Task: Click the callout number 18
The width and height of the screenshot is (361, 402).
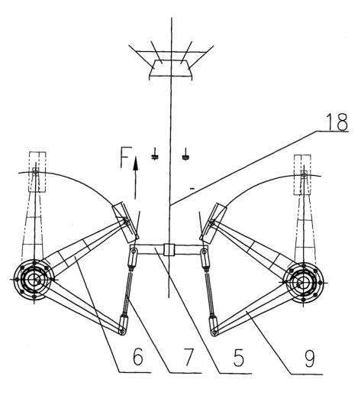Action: tap(337, 122)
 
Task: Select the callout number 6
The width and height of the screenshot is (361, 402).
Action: tap(138, 357)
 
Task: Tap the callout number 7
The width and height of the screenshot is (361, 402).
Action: tap(189, 357)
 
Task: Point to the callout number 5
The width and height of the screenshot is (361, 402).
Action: tap(238, 357)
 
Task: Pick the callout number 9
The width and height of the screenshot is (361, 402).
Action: tap(309, 358)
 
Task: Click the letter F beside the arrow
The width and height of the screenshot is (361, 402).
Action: tap(126, 157)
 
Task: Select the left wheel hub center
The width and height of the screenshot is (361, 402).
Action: tap(34, 280)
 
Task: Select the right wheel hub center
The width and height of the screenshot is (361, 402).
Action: tap(303, 282)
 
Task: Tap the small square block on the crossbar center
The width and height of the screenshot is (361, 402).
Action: tap(169, 250)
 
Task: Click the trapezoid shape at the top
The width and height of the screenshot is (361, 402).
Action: tap(170, 69)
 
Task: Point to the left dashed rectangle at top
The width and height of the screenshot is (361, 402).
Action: tap(37, 171)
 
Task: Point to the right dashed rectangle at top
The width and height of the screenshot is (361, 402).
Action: tap(302, 174)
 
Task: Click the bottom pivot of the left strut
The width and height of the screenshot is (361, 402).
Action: tap(122, 332)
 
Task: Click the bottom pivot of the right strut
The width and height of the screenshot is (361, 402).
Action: tap(214, 332)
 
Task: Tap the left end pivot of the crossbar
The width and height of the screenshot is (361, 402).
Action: tap(134, 251)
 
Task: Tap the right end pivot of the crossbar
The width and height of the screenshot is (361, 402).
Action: tap(205, 251)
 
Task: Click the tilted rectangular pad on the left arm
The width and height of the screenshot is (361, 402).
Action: tap(125, 223)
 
